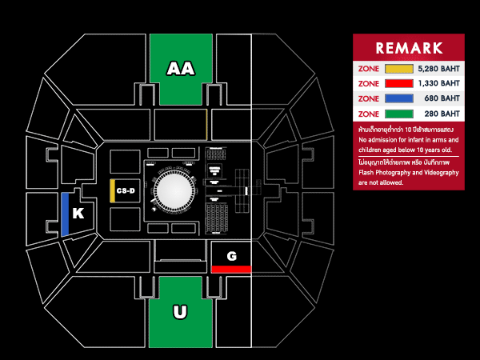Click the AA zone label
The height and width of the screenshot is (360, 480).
[181, 70]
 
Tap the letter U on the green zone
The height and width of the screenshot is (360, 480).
[181, 311]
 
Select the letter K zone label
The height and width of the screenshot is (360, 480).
[78, 214]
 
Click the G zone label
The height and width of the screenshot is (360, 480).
[231, 256]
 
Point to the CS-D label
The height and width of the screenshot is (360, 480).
[126, 190]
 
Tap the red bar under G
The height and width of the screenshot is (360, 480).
[231, 269]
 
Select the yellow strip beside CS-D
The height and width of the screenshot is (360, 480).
[112, 190]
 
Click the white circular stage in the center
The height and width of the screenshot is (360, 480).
[174, 192]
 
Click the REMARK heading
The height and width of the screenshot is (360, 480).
[409, 47]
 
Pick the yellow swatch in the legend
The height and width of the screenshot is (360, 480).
[398, 68]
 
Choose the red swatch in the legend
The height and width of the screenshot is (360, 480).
[398, 83]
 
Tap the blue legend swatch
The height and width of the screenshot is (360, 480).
[398, 98]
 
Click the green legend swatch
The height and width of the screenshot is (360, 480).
[398, 114]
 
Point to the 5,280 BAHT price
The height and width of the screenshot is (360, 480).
[439, 68]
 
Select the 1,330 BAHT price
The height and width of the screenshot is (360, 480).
[439, 83]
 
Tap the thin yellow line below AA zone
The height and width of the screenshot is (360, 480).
[206, 123]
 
